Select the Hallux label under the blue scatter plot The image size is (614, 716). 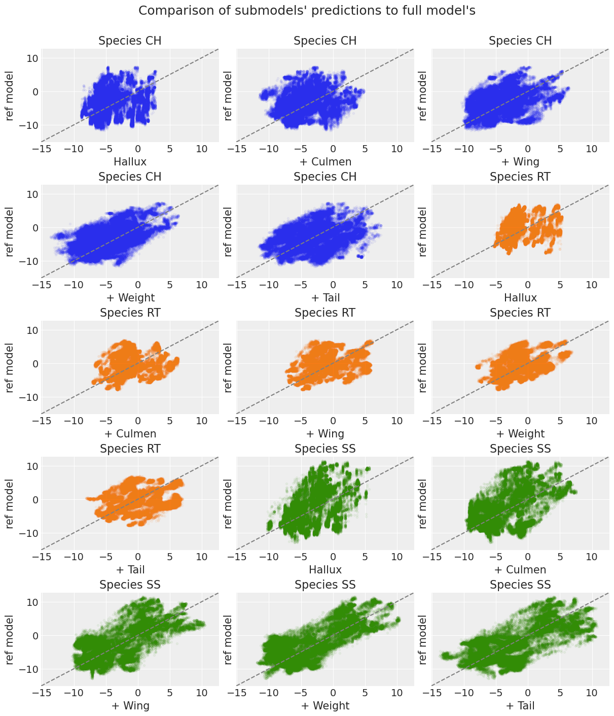click(130, 162)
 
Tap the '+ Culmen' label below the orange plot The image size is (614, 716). click(130, 434)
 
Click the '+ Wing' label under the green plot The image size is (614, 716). click(130, 706)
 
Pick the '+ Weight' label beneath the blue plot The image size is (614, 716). click(130, 298)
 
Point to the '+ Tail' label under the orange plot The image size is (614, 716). click(130, 570)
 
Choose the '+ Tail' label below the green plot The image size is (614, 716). click(520, 706)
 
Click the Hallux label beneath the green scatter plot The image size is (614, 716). click(325, 570)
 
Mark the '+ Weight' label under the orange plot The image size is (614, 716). click(520, 434)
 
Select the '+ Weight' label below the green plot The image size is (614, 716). click(325, 706)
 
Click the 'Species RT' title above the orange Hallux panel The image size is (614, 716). click(520, 177)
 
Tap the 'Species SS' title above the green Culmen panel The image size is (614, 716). click(520, 449)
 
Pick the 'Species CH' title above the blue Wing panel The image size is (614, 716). click(520, 41)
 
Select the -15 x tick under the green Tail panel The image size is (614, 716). click(432, 693)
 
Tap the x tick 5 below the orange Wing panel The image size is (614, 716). click(365, 421)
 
